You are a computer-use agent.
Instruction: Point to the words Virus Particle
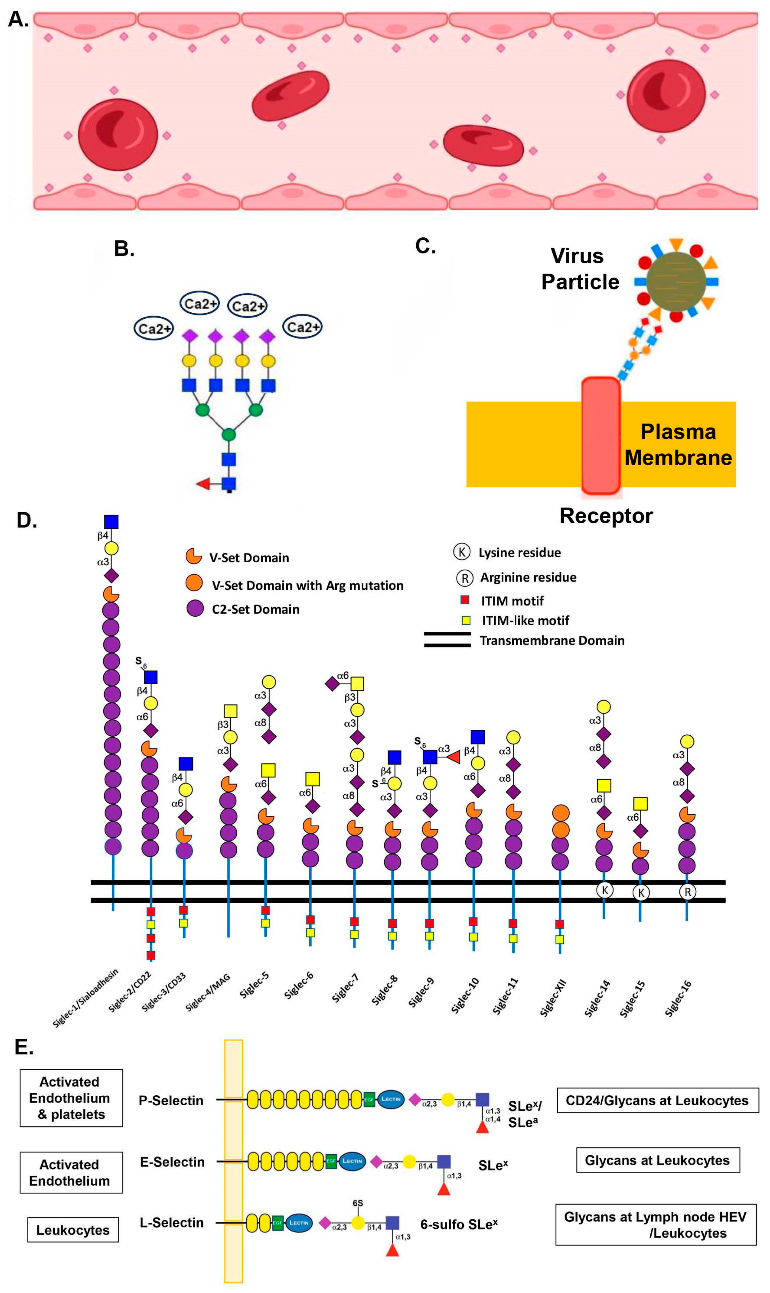tap(580, 269)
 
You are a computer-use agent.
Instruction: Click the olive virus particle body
tap(676, 281)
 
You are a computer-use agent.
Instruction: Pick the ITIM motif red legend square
tap(465, 600)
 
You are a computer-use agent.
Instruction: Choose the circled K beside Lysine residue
tap(461, 552)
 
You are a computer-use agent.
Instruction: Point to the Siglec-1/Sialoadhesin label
tap(86, 997)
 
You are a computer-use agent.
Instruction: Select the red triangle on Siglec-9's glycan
tap(453, 757)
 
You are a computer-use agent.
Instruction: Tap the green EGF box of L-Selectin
tap(278, 1223)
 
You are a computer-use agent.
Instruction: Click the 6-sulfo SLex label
tap(459, 1224)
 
